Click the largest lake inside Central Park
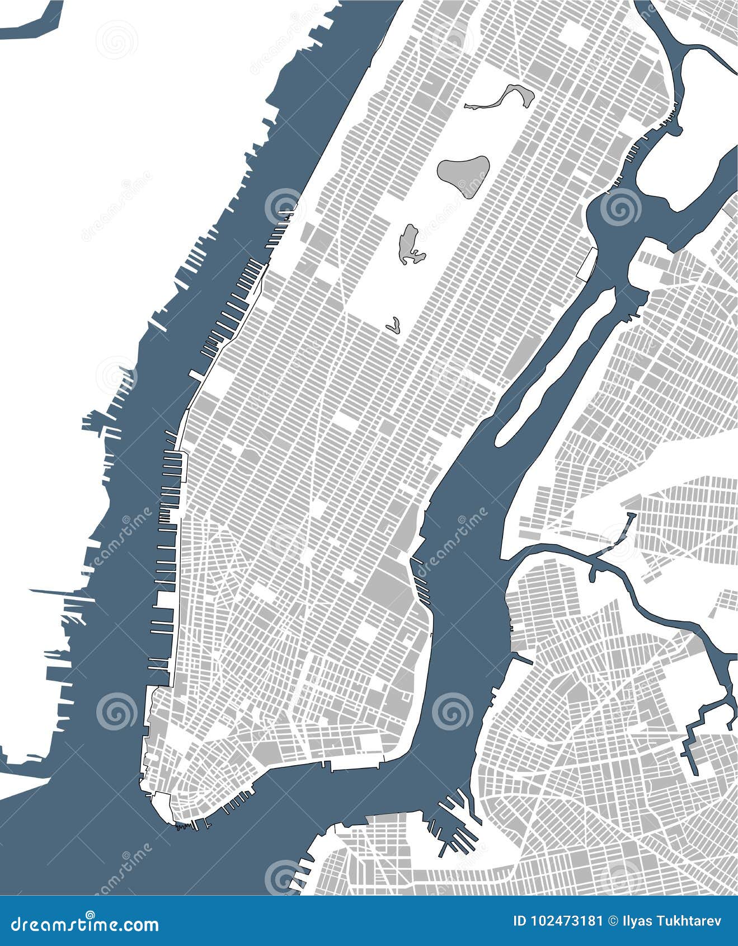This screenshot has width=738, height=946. pyautogui.click(x=463, y=174)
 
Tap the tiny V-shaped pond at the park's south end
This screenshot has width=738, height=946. pyautogui.click(x=394, y=325)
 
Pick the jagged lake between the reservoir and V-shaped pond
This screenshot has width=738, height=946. pyautogui.click(x=411, y=244)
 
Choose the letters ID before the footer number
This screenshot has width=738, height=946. pyautogui.click(x=520, y=921)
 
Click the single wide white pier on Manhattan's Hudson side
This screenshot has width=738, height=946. pyautogui.click(x=198, y=374)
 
